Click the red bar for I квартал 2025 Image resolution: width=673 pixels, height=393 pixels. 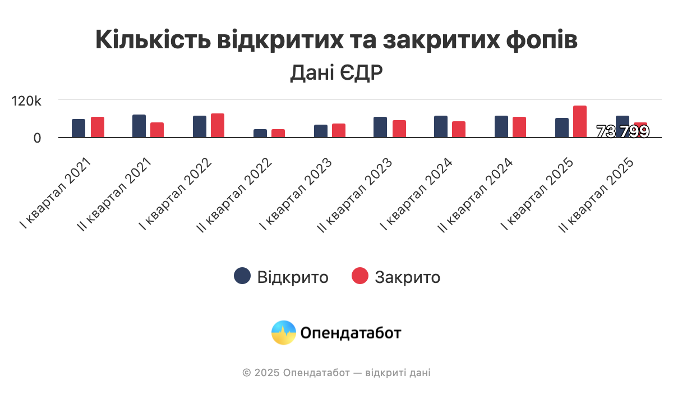pyautogui.click(x=580, y=121)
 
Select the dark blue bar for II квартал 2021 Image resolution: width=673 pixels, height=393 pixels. pyautogui.click(x=139, y=126)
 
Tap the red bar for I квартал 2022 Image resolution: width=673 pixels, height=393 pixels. pyautogui.click(x=218, y=125)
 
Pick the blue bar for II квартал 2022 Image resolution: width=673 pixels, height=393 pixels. pyautogui.click(x=260, y=133)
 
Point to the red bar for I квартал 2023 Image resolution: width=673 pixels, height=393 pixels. pyautogui.click(x=339, y=130)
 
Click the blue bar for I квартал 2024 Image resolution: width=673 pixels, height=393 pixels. pyautogui.click(x=441, y=126)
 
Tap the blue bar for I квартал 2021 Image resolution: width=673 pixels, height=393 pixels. pyautogui.click(x=79, y=128)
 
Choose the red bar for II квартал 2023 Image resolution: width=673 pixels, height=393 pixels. pyautogui.click(x=399, y=129)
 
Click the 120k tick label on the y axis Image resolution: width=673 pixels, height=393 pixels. pyautogui.click(x=27, y=101)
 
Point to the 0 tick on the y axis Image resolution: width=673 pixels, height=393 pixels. pyautogui.click(x=37, y=138)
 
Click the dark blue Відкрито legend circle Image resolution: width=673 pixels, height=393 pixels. pyautogui.click(x=242, y=276)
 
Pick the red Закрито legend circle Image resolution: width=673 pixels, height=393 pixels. pyautogui.click(x=360, y=276)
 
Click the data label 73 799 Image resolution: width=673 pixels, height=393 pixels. pyautogui.click(x=623, y=132)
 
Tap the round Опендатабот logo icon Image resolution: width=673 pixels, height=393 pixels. pyautogui.click(x=284, y=333)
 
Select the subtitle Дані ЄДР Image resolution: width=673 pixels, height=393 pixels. pyautogui.click(x=336, y=73)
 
